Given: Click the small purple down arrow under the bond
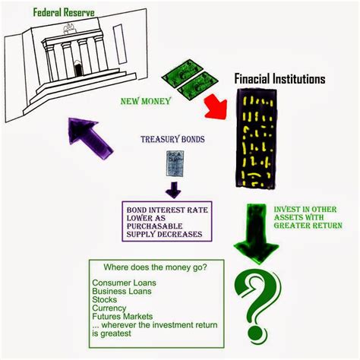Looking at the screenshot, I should click(x=175, y=188).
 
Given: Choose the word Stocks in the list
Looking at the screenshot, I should click(x=106, y=300).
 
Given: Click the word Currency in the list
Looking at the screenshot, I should click(x=110, y=308).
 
